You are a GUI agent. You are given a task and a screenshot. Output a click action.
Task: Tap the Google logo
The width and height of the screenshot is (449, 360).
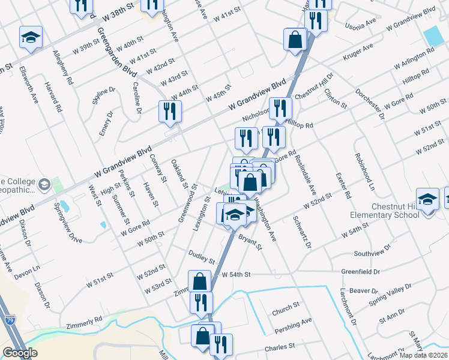pos(20,353)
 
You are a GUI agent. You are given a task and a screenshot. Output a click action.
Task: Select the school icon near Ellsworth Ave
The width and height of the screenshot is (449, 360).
pos(29,38)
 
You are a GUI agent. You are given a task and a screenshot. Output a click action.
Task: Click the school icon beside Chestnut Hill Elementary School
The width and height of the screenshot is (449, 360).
pos(427,200)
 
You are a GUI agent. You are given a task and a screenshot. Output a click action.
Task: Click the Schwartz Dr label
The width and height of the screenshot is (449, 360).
pos(301,232)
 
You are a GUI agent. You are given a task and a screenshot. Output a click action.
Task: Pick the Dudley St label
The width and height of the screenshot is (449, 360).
pos(201,257)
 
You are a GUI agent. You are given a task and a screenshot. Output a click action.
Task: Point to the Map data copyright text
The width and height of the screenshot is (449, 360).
pos(424,355)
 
